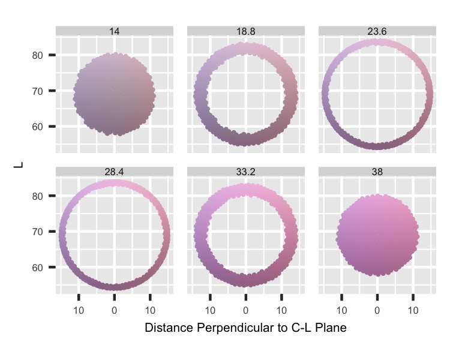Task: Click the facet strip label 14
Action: (x=115, y=31)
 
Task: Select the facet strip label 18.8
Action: (x=245, y=31)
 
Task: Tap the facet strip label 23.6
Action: (x=377, y=31)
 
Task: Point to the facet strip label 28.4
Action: (x=115, y=172)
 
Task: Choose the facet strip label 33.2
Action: (x=245, y=172)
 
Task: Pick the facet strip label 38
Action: (x=377, y=172)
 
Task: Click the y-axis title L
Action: (x=18, y=162)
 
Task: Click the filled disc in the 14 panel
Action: (x=115, y=94)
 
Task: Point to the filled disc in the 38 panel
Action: (x=377, y=235)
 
